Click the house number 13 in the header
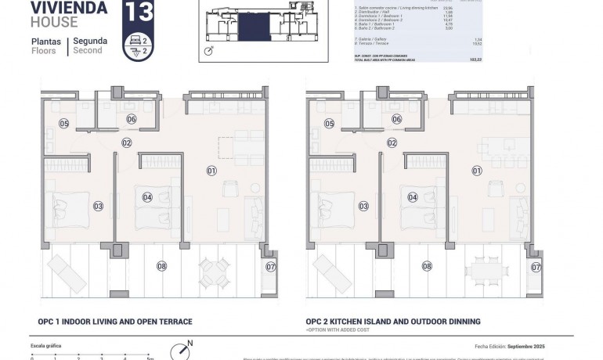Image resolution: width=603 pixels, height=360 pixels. (x=138, y=13)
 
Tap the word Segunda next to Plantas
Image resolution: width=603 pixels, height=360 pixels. (x=90, y=41)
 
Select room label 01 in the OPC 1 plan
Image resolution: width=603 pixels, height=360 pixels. (x=211, y=170)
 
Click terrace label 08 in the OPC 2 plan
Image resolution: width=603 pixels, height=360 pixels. (x=427, y=266)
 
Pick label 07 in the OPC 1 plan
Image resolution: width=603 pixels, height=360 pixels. (x=272, y=267)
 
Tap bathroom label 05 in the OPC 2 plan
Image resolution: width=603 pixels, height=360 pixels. (x=330, y=124)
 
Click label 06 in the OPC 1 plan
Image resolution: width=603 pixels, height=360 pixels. (x=131, y=119)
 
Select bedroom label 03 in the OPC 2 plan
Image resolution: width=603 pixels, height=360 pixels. (x=363, y=206)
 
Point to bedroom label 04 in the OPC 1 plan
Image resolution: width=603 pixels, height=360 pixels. (x=146, y=197)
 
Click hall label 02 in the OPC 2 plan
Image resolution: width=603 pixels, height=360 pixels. (x=392, y=142)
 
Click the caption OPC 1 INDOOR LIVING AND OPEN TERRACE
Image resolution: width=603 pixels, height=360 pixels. (x=114, y=322)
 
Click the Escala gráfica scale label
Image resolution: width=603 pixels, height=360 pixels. (x=45, y=345)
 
